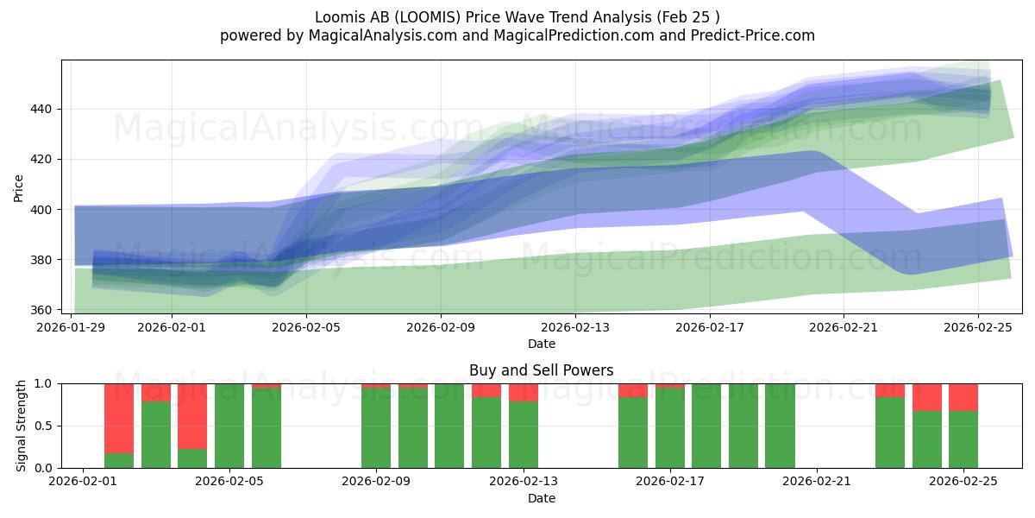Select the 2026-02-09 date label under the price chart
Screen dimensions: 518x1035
441,327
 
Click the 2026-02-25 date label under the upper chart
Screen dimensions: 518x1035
978,327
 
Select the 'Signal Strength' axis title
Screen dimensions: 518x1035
22,426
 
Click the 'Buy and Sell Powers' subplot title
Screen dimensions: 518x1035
542,370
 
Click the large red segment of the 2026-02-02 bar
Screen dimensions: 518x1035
119,418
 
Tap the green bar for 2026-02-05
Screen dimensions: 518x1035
229,426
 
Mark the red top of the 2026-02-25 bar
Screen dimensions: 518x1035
963,397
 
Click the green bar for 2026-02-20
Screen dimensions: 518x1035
780,426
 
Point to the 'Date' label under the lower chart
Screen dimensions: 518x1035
542,499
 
